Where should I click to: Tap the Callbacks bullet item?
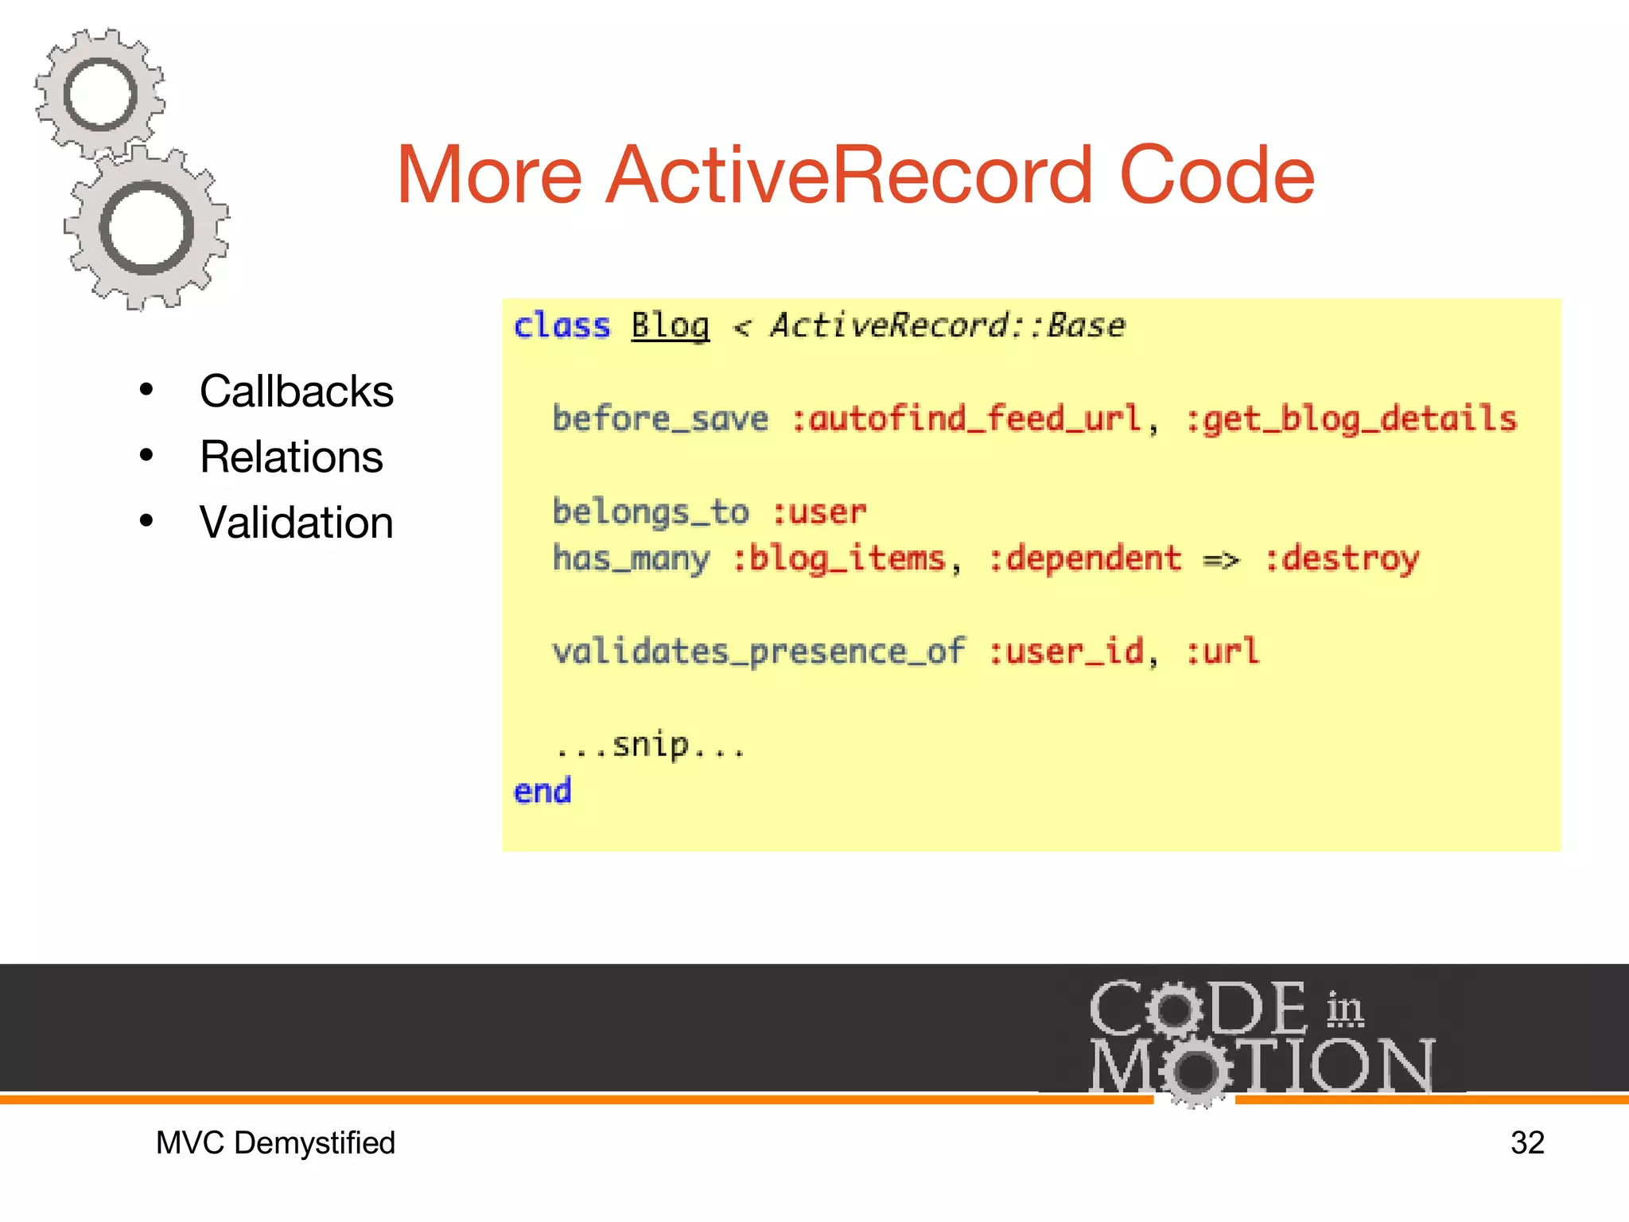tap(296, 391)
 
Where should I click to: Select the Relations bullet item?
tap(291, 457)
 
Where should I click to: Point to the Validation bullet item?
tap(296, 523)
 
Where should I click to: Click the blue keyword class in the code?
tap(562, 326)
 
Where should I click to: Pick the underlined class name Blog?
tap(670, 326)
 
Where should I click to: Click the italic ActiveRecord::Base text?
tap(947, 326)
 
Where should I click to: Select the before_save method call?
tap(660, 419)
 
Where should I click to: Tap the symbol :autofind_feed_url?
tap(966, 419)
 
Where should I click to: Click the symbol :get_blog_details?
tap(1351, 419)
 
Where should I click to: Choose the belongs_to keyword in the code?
tap(651, 512)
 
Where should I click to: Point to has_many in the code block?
tap(631, 558)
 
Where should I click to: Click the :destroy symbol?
tap(1341, 558)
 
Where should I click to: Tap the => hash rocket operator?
tap(1221, 560)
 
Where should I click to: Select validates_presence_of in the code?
tap(759, 652)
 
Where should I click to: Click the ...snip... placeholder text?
tap(650, 745)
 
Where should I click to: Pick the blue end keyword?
tap(542, 792)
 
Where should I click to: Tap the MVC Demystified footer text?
tap(275, 1143)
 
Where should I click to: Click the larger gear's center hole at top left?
tap(146, 228)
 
